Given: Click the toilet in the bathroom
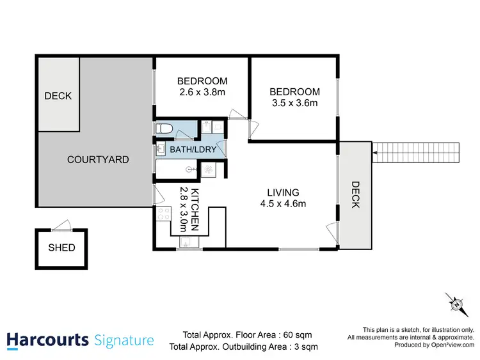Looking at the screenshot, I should pos(164,129).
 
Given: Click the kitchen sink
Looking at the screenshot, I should pos(186,242).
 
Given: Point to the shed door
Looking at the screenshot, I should pos(61,225).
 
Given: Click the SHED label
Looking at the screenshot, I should pos(61,247).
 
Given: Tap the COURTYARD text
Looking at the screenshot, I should pos(98,159).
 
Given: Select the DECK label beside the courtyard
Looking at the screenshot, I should pos(58,96).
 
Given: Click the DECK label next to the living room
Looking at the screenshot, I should pos(355,194).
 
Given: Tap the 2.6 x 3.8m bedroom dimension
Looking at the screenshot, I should pos(202,92).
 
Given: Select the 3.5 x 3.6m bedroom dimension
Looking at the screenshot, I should pos(294,103).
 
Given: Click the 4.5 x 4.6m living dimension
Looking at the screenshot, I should pos(283,204).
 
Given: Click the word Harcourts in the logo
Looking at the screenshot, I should pos(47,339).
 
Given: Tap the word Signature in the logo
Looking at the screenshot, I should pos(124,339).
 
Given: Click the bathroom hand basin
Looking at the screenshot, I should pos(160,149).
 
